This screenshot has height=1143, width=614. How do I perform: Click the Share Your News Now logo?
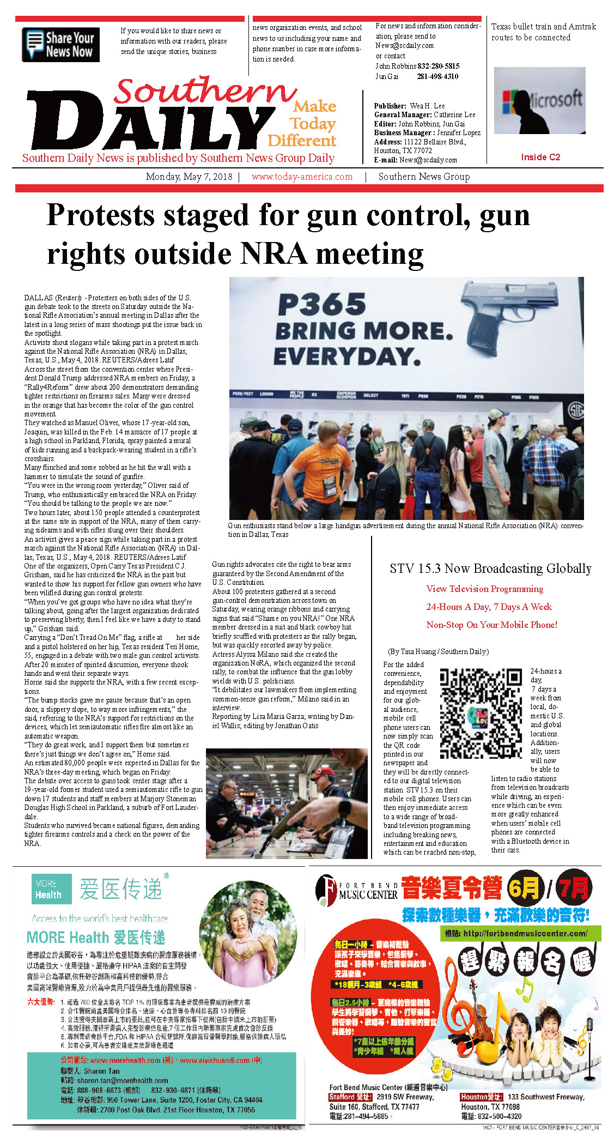point(60,45)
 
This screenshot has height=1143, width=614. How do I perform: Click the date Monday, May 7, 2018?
point(189,177)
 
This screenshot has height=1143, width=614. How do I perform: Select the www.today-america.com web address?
point(302,177)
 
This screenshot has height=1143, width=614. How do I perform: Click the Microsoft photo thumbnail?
point(539,101)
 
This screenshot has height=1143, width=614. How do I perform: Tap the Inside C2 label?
point(540,157)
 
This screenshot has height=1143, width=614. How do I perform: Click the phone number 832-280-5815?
point(439,66)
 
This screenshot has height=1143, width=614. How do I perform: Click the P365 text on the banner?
point(322,304)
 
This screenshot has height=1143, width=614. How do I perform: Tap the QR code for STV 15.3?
point(481,713)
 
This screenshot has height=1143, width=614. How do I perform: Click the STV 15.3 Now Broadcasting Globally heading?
point(490,569)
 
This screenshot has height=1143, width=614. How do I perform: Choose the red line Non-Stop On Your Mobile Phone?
point(491,625)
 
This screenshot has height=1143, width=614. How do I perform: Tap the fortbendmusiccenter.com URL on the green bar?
point(525,933)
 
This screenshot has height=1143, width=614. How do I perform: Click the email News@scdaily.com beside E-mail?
point(428,160)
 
